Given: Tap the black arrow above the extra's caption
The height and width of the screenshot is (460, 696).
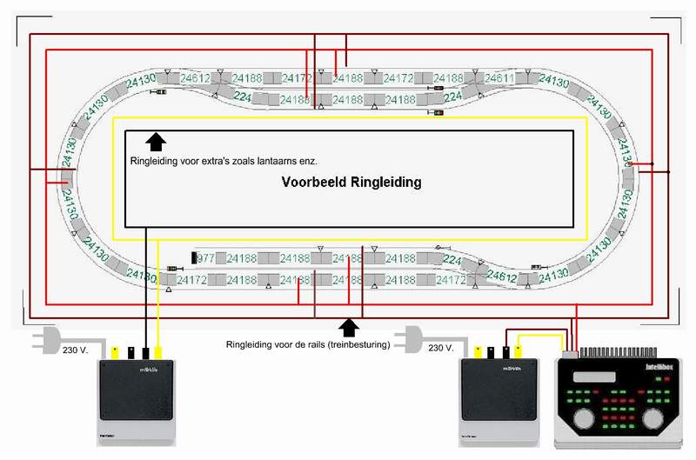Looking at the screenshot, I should point(156,143).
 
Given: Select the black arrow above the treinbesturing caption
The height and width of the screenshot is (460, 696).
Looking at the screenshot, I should point(350,327).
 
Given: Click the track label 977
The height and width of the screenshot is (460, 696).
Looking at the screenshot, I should point(205,258).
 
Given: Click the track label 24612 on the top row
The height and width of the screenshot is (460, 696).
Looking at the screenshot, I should point(196,78).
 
